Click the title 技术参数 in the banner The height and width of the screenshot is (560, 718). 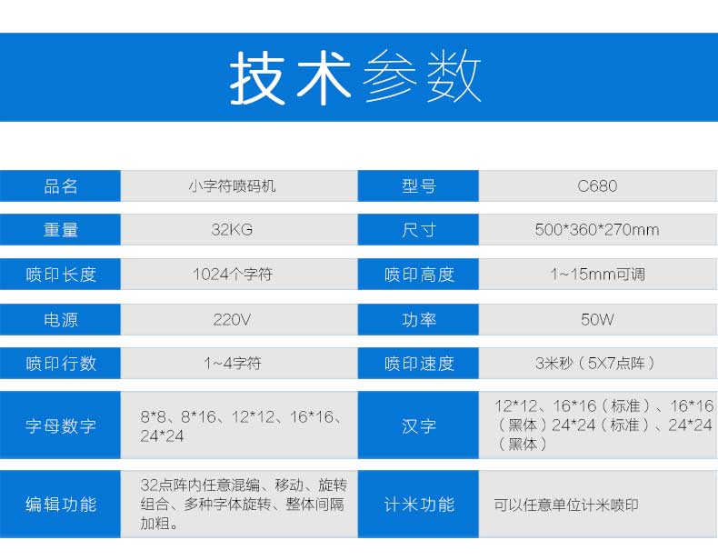(x=354, y=77)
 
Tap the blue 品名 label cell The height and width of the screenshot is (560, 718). (x=60, y=185)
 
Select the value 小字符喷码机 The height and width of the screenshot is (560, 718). (x=232, y=185)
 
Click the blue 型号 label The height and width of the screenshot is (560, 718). (x=418, y=185)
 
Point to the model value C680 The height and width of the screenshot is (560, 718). (x=597, y=185)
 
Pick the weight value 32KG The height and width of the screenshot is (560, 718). (x=232, y=229)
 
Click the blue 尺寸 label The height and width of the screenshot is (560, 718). (x=418, y=229)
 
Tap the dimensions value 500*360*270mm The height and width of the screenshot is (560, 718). (x=597, y=229)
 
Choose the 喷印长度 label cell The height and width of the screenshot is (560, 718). (x=60, y=275)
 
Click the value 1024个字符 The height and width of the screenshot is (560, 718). (x=232, y=275)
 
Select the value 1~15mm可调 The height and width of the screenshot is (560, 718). (x=597, y=275)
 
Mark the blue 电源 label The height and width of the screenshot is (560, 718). (x=60, y=320)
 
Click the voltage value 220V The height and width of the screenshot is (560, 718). (x=232, y=320)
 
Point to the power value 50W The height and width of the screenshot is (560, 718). (x=597, y=320)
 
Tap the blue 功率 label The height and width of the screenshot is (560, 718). (x=418, y=320)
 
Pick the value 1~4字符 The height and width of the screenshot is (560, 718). (x=232, y=363)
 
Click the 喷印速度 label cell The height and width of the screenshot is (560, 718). (x=418, y=363)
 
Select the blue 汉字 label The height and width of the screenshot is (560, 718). (x=418, y=425)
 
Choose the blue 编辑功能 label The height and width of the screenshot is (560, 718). (x=60, y=505)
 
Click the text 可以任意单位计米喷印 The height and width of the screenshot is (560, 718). (x=566, y=505)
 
